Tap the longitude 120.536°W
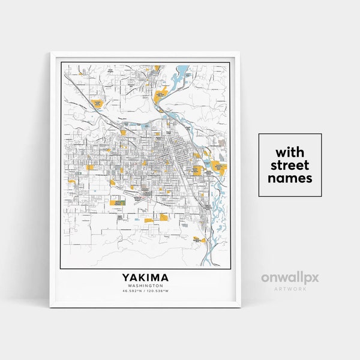point(160,292)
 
